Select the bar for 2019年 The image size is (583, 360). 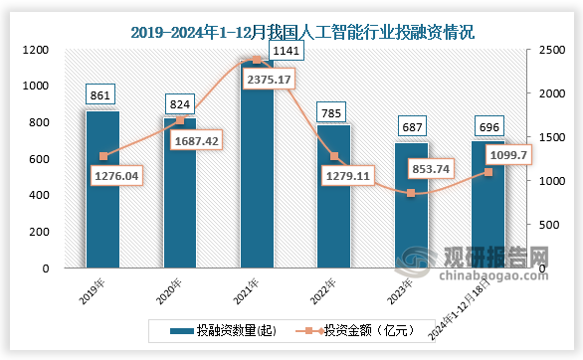(x=102, y=189)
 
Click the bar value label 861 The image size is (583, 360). (x=102, y=95)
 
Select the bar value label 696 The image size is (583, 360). (x=488, y=126)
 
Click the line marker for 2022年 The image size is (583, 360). (x=334, y=156)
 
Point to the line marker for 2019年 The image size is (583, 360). (x=102, y=156)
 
